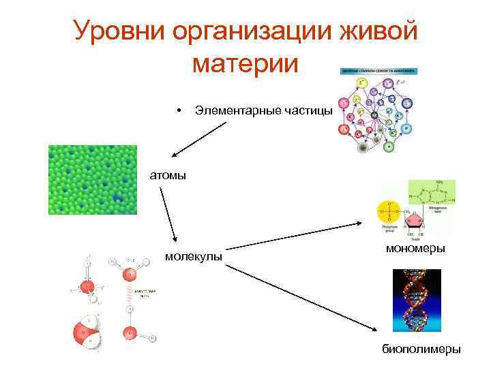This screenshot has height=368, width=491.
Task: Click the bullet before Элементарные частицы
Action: [177, 110]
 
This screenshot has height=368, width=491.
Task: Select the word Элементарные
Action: [239, 110]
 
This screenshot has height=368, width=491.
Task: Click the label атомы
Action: [168, 175]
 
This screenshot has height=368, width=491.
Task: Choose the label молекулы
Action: [194, 256]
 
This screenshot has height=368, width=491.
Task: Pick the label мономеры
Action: [415, 249]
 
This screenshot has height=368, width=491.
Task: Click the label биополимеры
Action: [421, 349]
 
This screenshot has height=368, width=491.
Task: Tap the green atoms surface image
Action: [92, 179]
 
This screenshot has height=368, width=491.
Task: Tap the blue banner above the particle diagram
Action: [377, 72]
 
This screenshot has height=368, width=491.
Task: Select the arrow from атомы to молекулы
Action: [169, 215]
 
